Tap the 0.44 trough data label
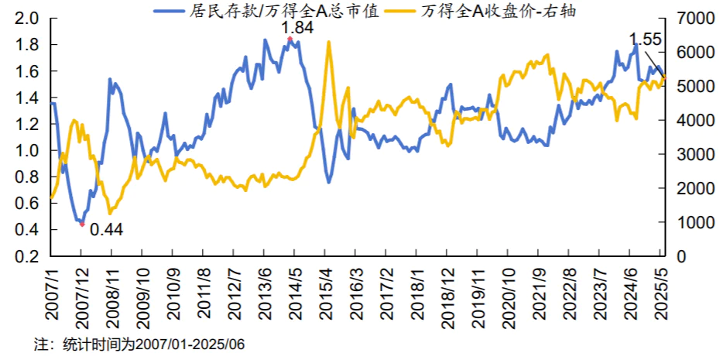[106, 229]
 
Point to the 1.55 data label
[645, 38]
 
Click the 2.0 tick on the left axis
[27, 19]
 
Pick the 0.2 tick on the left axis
[27, 256]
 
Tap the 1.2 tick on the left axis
[27, 124]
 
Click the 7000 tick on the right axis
[693, 19]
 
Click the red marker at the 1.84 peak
[290, 39]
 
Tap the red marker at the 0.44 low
[81, 224]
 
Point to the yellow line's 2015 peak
[329, 42]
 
